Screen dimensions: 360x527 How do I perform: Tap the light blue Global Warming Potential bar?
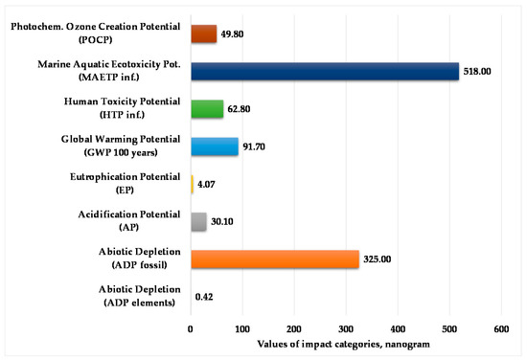click(215, 146)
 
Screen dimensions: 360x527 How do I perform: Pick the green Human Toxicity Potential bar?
click(207, 109)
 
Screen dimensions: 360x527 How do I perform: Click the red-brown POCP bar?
click(203, 34)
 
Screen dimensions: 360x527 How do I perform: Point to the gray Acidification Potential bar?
click(198, 221)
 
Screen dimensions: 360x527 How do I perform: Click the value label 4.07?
click(210, 185)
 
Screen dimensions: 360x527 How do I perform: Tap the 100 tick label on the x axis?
click(242, 329)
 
